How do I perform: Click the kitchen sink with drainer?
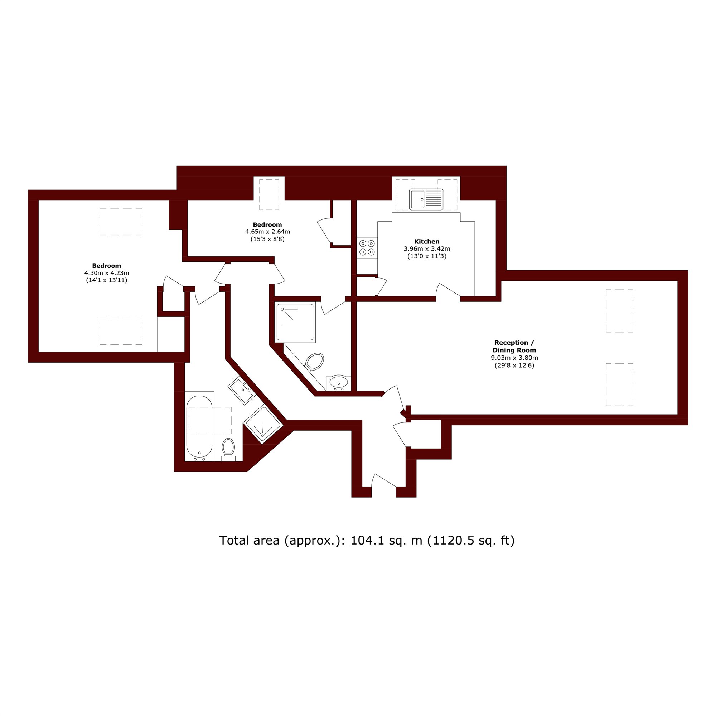(x=426, y=199)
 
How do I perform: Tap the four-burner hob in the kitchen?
(x=367, y=248)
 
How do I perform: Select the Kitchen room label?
(x=427, y=242)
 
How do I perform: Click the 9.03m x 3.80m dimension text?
(x=514, y=358)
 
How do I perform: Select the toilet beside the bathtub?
(x=228, y=449)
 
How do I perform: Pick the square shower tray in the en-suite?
(x=295, y=323)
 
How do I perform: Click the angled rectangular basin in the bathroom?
(x=241, y=391)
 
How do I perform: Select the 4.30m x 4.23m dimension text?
(x=107, y=273)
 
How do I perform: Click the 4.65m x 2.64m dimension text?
(x=267, y=232)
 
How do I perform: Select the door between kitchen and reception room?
(x=448, y=290)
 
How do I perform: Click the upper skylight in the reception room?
(x=619, y=310)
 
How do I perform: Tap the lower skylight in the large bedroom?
(x=121, y=331)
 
